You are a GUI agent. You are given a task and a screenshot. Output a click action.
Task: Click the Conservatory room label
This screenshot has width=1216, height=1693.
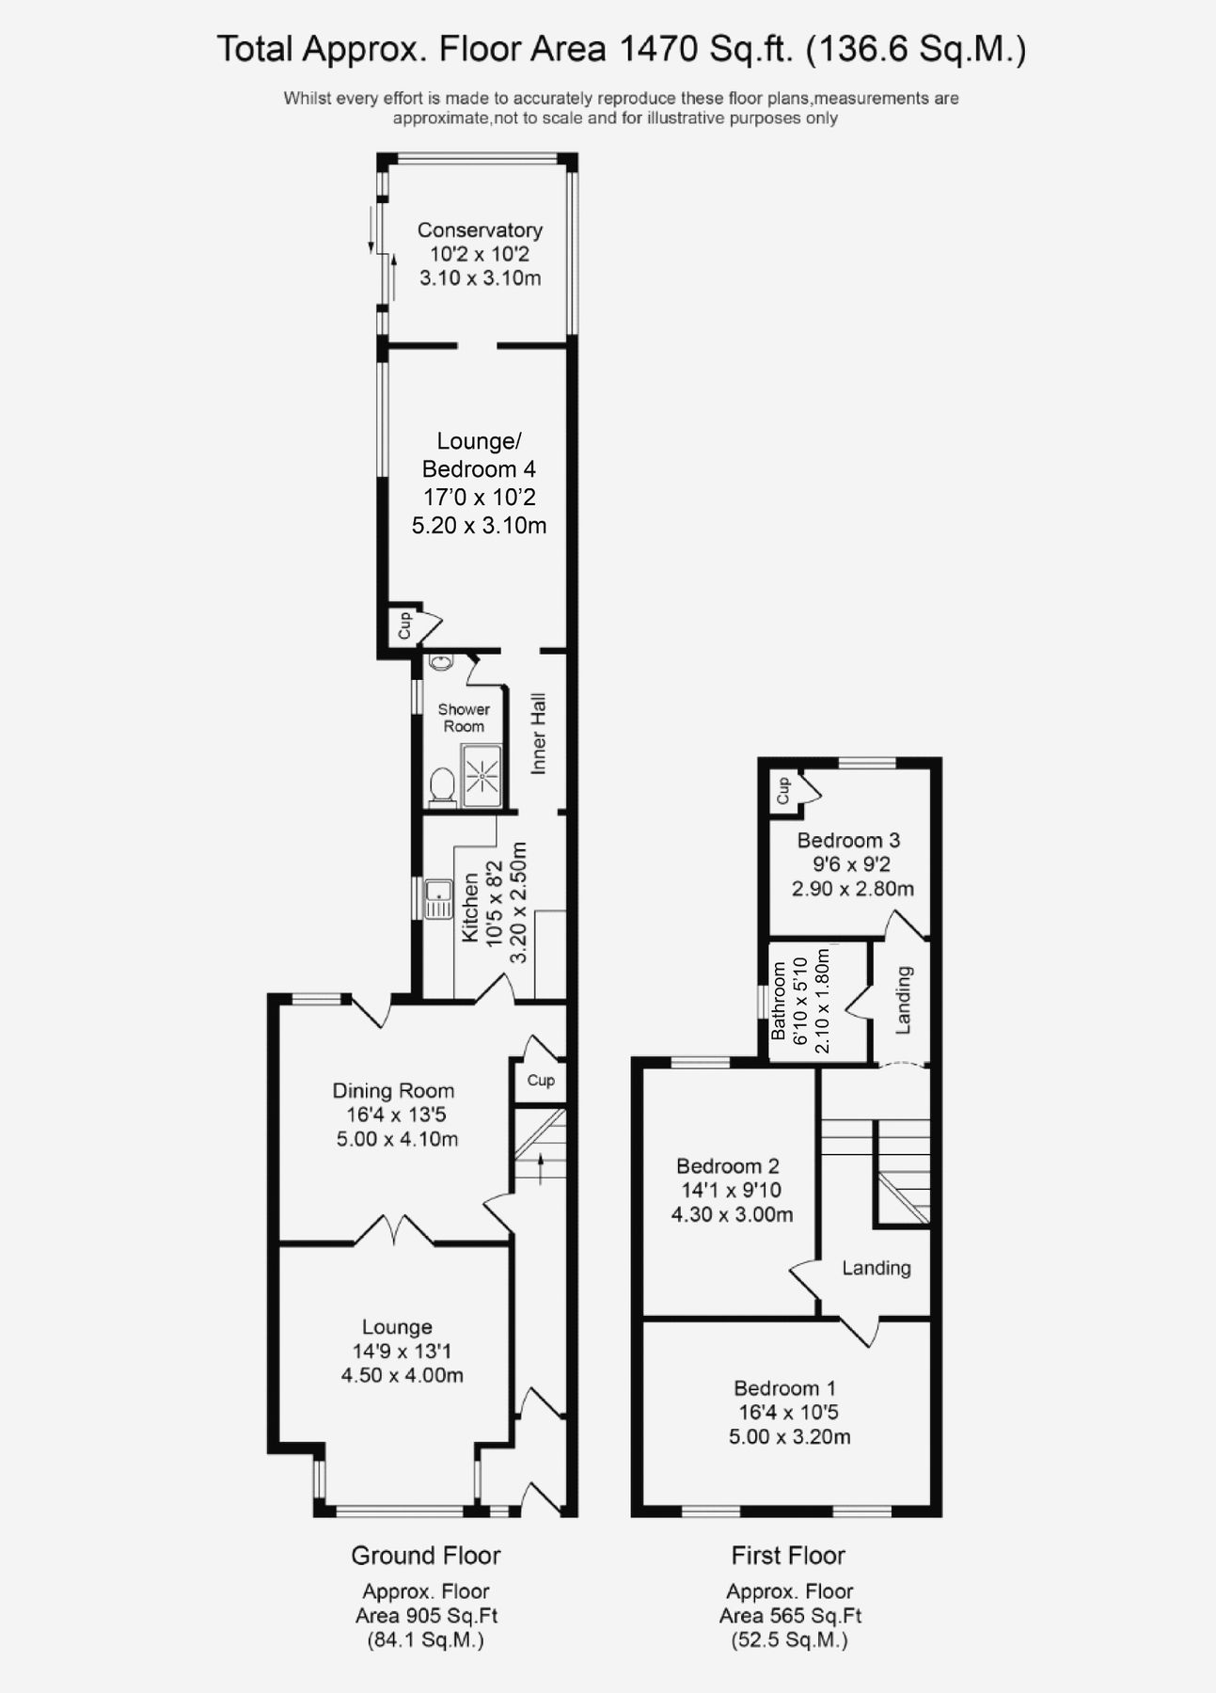point(480,229)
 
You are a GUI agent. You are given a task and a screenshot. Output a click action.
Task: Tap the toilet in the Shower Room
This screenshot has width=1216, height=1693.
point(441,784)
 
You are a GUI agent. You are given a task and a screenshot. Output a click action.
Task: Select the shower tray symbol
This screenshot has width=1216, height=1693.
point(482,775)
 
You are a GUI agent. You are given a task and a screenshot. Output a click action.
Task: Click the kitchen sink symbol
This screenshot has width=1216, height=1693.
point(438,899)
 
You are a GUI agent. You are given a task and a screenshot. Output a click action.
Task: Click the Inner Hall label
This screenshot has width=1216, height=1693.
point(539,734)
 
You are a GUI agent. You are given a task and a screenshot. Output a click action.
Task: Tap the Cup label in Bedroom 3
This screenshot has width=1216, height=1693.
point(782,791)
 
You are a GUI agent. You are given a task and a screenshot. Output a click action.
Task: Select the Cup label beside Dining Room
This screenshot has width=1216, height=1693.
point(541,1080)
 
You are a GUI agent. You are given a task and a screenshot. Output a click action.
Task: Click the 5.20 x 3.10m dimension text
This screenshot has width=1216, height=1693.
point(479,525)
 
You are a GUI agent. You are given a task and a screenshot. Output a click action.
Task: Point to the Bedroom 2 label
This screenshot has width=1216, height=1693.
point(728,1166)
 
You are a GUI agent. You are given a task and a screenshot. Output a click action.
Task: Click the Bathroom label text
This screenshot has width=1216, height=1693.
point(779,1000)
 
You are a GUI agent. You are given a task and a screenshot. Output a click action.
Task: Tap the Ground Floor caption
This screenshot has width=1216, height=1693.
point(426,1556)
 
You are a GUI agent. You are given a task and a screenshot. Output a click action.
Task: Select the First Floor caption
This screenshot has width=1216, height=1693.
point(788,1556)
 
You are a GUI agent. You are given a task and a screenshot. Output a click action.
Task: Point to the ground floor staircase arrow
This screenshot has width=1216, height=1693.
point(541,1168)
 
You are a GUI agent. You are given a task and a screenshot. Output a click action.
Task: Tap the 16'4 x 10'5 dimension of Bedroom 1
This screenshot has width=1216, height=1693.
point(788,1412)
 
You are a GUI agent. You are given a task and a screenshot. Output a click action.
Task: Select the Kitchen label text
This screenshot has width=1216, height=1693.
point(470,908)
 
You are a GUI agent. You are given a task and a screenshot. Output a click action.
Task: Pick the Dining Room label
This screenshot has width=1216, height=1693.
point(393,1091)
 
